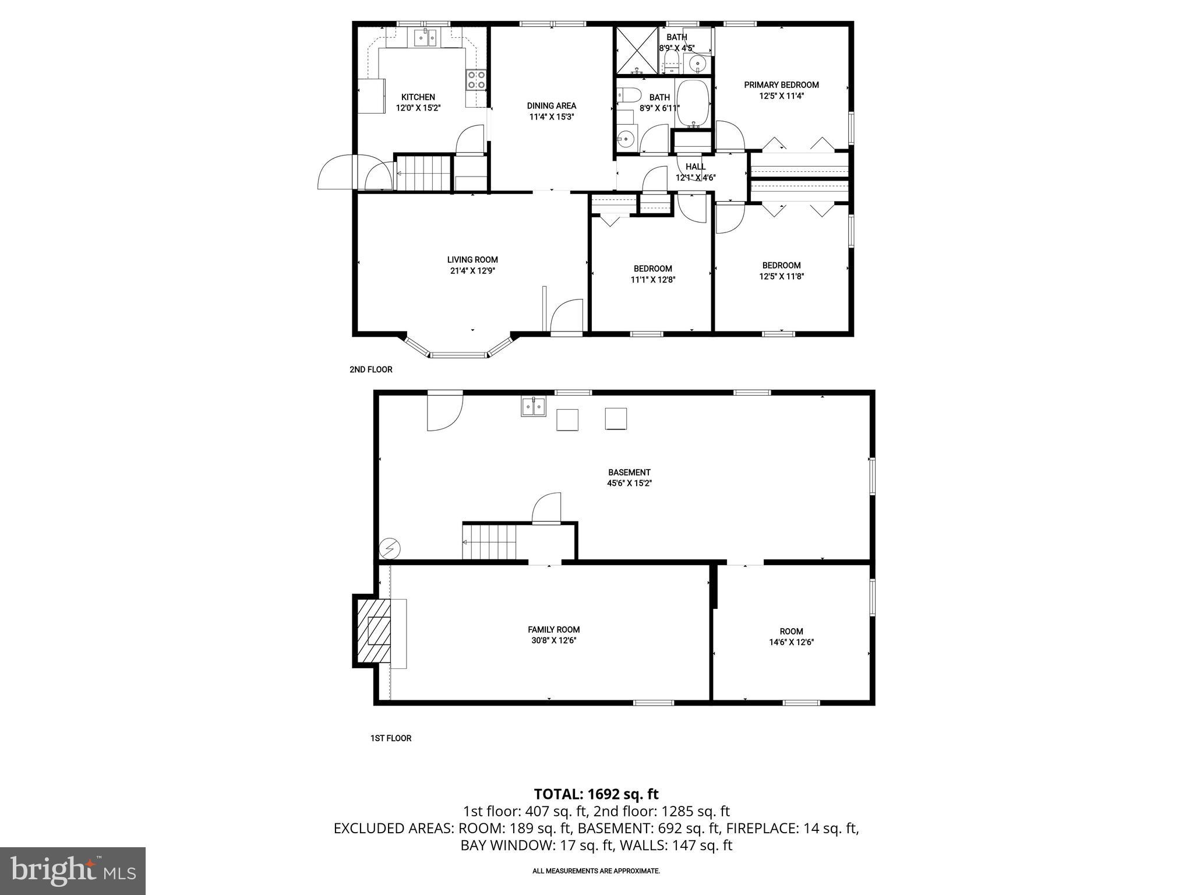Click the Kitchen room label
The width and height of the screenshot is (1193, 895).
418,97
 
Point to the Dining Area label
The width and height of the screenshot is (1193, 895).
551,106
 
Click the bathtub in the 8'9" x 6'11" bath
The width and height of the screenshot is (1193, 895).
693,104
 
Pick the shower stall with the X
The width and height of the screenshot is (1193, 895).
637,50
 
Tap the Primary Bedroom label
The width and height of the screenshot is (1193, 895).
781,85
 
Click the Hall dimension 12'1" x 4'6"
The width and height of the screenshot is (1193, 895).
695,178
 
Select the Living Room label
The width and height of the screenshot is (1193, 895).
472,260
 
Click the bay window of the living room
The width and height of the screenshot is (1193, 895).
458,353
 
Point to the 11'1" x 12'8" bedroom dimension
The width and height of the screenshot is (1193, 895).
653,280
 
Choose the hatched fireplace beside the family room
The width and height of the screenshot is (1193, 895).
373,630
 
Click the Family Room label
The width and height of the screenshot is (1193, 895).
553,629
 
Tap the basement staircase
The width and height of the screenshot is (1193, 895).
489,542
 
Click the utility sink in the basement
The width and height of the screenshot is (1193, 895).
533,406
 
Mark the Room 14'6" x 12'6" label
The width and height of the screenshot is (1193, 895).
791,636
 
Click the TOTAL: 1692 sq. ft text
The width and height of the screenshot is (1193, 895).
596,794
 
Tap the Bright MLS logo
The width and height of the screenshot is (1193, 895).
73,871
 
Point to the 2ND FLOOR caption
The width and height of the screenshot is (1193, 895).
370,369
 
